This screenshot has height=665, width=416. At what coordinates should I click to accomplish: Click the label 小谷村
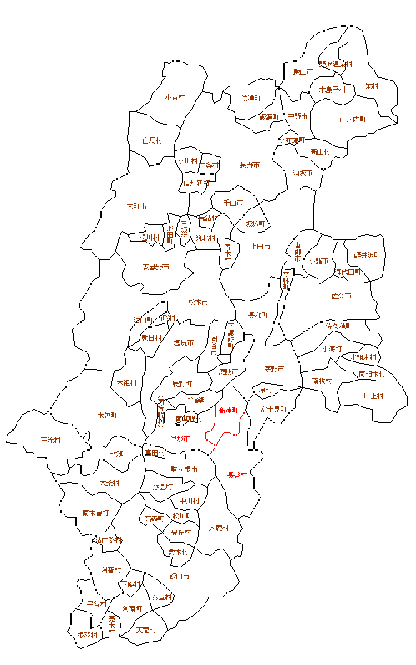tap(175, 98)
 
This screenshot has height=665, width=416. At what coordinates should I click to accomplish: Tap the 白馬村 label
tap(152, 141)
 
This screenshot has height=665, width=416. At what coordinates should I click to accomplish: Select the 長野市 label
tap(250, 165)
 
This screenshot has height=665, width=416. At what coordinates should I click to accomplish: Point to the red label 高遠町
tap(228, 411)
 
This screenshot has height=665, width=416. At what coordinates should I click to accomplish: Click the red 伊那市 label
tap(180, 439)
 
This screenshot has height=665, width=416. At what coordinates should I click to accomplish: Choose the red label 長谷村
tap(237, 475)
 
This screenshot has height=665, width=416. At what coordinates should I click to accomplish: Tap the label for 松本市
tap(198, 303)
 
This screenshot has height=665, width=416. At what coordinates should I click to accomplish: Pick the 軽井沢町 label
tap(367, 255)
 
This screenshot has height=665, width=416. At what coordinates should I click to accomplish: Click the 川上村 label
tap(373, 396)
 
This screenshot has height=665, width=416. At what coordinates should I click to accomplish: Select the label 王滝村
tap(51, 441)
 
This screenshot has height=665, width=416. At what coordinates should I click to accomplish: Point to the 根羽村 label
tap(87, 635)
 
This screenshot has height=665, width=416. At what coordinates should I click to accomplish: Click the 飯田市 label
tap(179, 576)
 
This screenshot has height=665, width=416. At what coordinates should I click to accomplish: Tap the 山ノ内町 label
tap(353, 120)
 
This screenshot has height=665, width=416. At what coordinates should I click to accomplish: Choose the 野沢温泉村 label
tap(336, 64)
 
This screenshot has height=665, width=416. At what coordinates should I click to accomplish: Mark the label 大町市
tap(136, 207)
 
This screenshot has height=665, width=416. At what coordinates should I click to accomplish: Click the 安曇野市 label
tap(156, 267)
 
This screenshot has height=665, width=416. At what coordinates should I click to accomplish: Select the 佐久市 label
tap(341, 296)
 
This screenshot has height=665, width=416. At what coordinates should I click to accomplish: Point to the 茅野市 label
tap(274, 369)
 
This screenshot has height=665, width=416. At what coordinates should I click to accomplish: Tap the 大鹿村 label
tap(219, 528)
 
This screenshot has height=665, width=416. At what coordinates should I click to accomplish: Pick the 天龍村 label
tap(146, 630)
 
